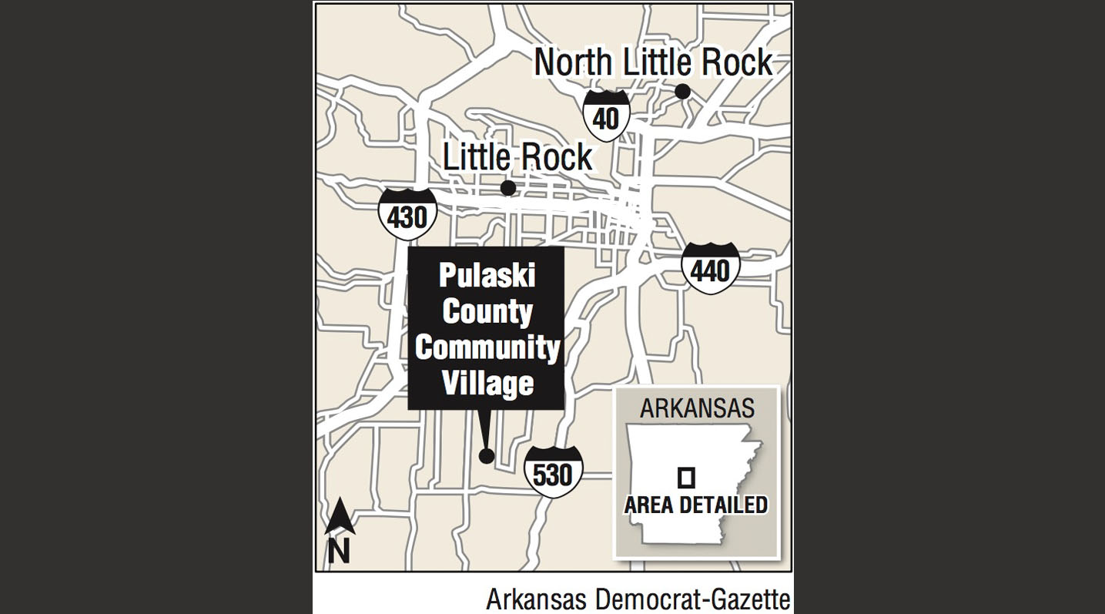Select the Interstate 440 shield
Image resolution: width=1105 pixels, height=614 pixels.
coord(709,268)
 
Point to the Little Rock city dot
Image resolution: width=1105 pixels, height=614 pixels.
coord(508,188)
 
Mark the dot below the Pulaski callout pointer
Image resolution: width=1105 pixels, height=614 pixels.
coord(487,455)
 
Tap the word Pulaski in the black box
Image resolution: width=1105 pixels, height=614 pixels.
coord(487,277)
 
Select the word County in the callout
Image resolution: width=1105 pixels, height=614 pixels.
coord(487,312)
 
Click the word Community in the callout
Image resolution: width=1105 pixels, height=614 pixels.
coord(487,347)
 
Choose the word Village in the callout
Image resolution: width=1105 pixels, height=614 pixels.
coord(487,383)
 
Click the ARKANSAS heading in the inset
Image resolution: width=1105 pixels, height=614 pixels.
coord(697,408)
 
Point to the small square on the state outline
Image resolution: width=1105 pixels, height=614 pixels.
coord(685,478)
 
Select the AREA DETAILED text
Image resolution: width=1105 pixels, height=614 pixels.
coord(696,505)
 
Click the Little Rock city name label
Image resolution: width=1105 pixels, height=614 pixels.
coord(517,157)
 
